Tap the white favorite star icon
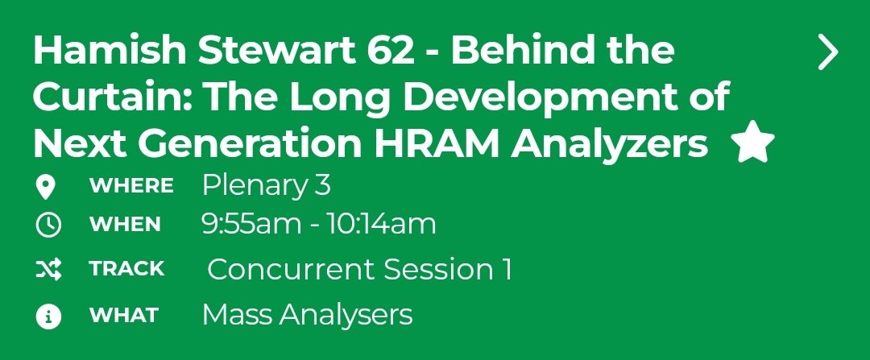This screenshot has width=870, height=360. pyautogui.click(x=752, y=143)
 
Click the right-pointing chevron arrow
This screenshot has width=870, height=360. pyautogui.click(x=827, y=53)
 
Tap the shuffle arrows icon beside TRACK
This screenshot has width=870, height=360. pyautogui.click(x=48, y=271)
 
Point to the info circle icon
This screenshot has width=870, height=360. pyautogui.click(x=48, y=317)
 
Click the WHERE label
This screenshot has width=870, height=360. pyautogui.click(x=130, y=186)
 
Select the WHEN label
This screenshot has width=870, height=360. pyautogui.click(x=125, y=225)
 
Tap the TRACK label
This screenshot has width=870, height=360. pyautogui.click(x=126, y=269)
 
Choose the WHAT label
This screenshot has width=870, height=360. pyautogui.click(x=123, y=315)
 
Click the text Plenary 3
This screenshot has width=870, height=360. pyautogui.click(x=266, y=186)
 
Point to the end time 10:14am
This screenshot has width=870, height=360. pyautogui.click(x=381, y=224)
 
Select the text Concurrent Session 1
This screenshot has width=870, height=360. pyautogui.click(x=359, y=269)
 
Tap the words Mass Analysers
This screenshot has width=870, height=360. pyautogui.click(x=307, y=315)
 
